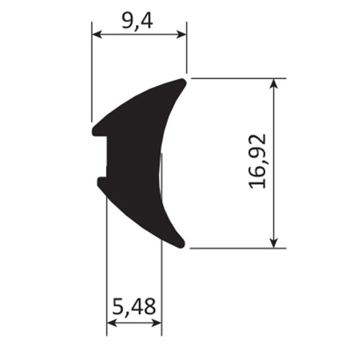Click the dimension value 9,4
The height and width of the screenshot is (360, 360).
[137, 21]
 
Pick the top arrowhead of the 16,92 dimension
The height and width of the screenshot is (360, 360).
[274, 83]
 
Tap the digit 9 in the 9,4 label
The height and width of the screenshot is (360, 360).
[127, 21]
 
